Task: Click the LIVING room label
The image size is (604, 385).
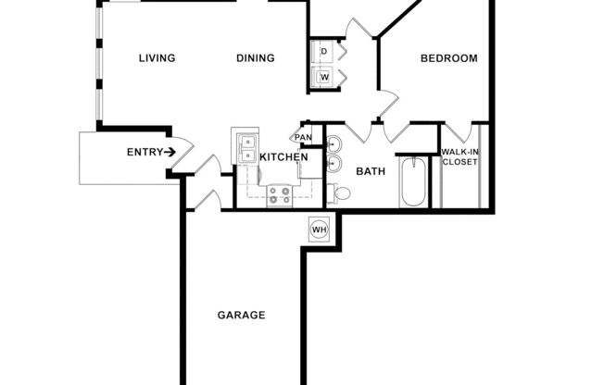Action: pyautogui.click(x=157, y=58)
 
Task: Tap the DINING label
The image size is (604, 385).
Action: pyautogui.click(x=255, y=58)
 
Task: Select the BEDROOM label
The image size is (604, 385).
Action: pyautogui.click(x=449, y=58)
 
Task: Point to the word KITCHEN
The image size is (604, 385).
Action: pyautogui.click(x=283, y=158)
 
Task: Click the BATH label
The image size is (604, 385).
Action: pyautogui.click(x=371, y=171)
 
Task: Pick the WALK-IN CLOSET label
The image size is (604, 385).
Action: pyautogui.click(x=459, y=156)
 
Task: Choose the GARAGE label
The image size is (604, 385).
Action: pyautogui.click(x=241, y=315)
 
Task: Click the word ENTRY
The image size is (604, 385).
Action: pyautogui.click(x=145, y=152)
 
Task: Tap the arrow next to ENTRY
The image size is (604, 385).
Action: pyautogui.click(x=171, y=152)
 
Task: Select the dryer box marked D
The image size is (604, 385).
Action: pyautogui.click(x=325, y=51)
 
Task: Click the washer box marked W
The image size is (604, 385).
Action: pyautogui.click(x=325, y=77)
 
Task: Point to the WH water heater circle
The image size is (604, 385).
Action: pyautogui.click(x=319, y=229)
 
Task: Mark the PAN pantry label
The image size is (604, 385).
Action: pyautogui.click(x=302, y=138)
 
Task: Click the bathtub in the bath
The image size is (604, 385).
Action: pyautogui.click(x=412, y=182)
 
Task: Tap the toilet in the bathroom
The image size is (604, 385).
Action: pyautogui.click(x=341, y=193)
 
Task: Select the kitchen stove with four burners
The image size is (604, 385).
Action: pyautogui.click(x=280, y=195)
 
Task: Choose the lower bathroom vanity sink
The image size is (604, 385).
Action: pyautogui.click(x=335, y=166)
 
